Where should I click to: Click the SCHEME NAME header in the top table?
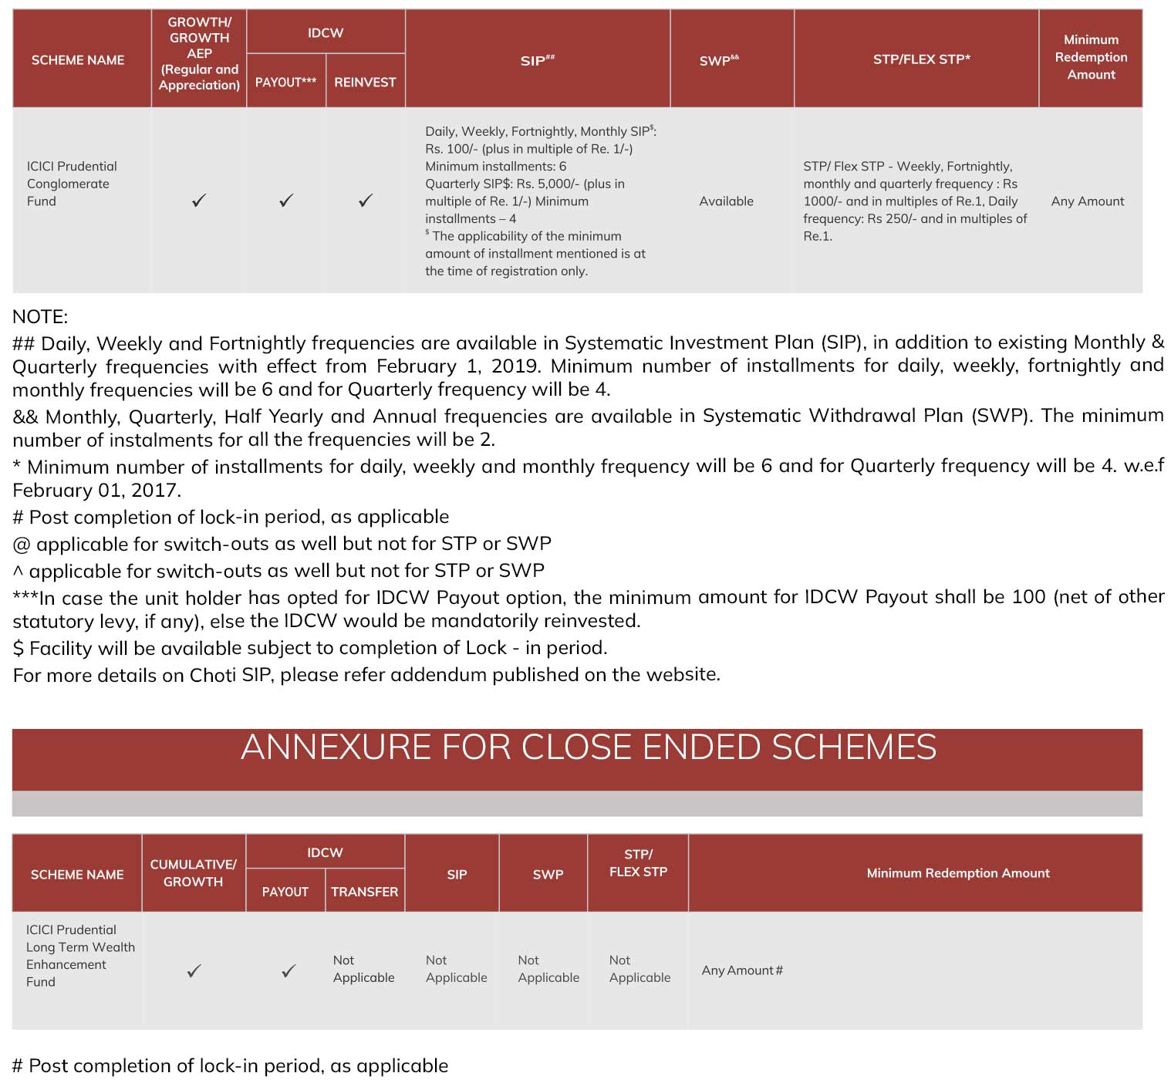click(x=78, y=60)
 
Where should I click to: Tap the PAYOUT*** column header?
click(x=285, y=82)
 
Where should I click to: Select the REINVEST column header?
click(x=365, y=82)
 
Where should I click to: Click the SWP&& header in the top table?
click(x=719, y=60)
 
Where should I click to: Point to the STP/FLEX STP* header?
click(x=921, y=59)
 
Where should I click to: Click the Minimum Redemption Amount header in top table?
click(x=1091, y=57)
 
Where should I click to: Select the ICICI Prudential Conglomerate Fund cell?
click(x=72, y=184)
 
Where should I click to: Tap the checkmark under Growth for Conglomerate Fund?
click(x=199, y=201)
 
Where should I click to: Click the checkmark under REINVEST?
click(x=366, y=201)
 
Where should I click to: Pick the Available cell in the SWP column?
click(x=726, y=201)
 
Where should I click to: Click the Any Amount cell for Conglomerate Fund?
click(x=1087, y=201)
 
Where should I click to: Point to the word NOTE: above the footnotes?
click(x=40, y=317)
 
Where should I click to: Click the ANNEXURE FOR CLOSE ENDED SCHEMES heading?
click(x=588, y=747)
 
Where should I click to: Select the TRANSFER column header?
click(x=364, y=892)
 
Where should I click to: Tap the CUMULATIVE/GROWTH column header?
click(x=193, y=873)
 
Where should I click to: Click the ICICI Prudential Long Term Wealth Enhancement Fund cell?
click(x=79, y=956)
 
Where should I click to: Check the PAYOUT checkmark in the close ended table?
click(x=289, y=970)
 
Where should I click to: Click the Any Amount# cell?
click(x=741, y=970)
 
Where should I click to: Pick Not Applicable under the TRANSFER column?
click(x=363, y=969)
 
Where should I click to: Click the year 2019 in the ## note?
click(x=516, y=366)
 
